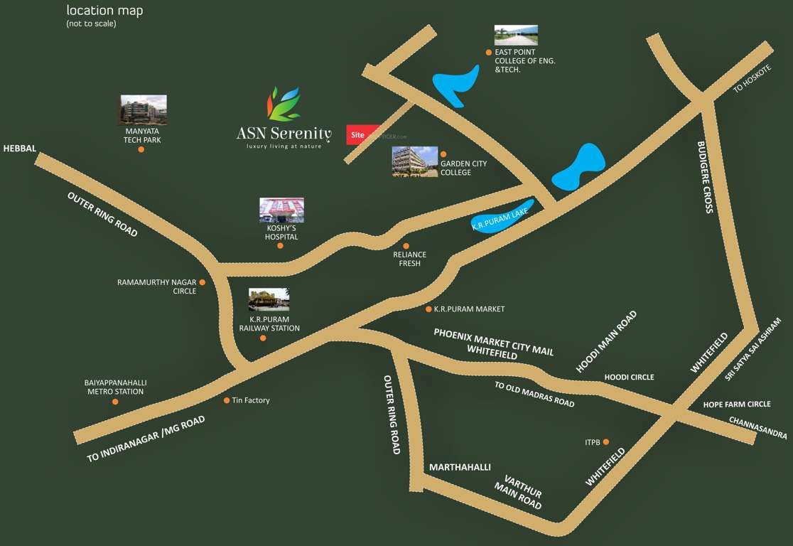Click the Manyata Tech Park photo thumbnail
tap(143, 109)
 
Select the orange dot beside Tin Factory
tap(227, 400)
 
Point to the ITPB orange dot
tap(606, 442)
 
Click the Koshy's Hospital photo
tap(281, 210)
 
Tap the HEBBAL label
tap(19, 149)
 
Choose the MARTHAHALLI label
tap(460, 467)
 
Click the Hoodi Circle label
tap(629, 377)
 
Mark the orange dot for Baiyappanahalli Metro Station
tap(115, 402)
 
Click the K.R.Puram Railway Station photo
tap(269, 299)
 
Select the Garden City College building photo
tap(415, 161)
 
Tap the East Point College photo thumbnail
tap(516, 35)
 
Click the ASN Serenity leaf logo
tap(284, 104)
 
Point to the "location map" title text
tap(104, 11)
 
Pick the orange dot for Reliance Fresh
tap(406, 246)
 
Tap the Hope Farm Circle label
tap(736, 404)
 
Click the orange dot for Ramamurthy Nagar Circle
tap(203, 282)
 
